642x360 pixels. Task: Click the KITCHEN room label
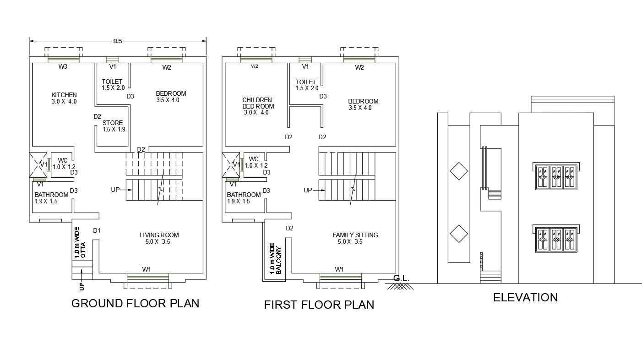pyautogui.click(x=64, y=95)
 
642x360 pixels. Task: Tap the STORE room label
pyautogui.click(x=113, y=123)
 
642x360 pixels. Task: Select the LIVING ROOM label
pyautogui.click(x=159, y=235)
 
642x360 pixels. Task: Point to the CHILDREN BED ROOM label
pyautogui.click(x=257, y=103)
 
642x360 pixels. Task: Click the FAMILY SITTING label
pyautogui.click(x=355, y=235)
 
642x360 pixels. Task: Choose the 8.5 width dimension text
pyautogui.click(x=118, y=41)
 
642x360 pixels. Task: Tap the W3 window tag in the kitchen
pyautogui.click(x=63, y=67)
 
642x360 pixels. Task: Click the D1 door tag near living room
pyautogui.click(x=97, y=230)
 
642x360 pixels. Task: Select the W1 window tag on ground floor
pyautogui.click(x=147, y=269)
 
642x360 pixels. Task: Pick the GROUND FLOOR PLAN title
pyautogui.click(x=135, y=303)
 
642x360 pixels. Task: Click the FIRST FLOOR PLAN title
pyautogui.click(x=319, y=305)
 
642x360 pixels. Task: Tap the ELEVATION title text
pyautogui.click(x=525, y=298)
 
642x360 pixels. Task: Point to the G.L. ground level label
pyautogui.click(x=401, y=278)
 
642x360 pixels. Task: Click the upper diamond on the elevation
pyautogui.click(x=458, y=172)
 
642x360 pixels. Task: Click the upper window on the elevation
pyautogui.click(x=555, y=176)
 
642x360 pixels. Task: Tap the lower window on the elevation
pyautogui.click(x=555, y=238)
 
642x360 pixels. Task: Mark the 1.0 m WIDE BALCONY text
pyautogui.click(x=275, y=259)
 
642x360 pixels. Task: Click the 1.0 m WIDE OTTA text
pyautogui.click(x=80, y=243)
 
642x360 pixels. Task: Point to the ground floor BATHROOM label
pyautogui.click(x=51, y=195)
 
